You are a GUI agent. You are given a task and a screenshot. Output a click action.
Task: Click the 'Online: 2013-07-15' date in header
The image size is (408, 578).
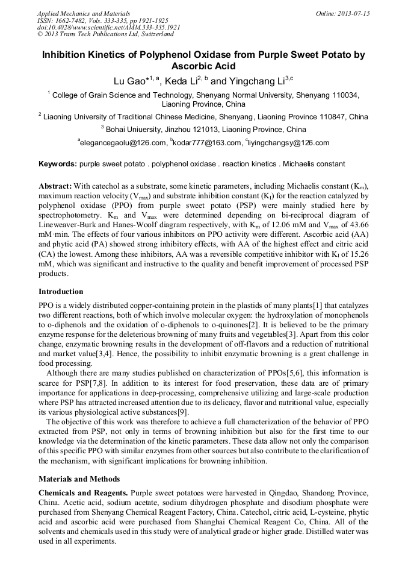tap(343, 13)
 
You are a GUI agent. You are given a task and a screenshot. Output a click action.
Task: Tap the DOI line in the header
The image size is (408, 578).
tap(108, 28)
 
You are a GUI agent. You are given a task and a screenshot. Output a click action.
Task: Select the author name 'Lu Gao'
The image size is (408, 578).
tap(130, 81)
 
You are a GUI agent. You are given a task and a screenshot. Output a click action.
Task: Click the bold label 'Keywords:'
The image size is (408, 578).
tap(58, 163)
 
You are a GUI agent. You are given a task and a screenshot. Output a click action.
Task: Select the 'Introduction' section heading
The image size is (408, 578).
tap(61, 292)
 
